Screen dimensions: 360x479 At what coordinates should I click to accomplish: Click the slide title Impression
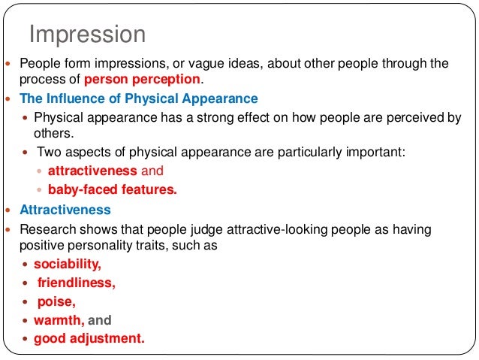pyautogui.click(x=86, y=35)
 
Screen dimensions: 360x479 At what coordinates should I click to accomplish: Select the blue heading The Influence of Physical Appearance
pyautogui.click(x=139, y=98)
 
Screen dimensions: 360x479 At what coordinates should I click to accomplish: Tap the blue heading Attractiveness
pyautogui.click(x=65, y=210)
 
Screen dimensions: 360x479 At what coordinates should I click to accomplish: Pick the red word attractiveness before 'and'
pyautogui.click(x=92, y=171)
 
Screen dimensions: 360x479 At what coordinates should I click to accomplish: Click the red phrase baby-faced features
pyautogui.click(x=113, y=189)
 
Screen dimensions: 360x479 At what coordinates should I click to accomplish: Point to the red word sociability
pyautogui.click(x=67, y=265)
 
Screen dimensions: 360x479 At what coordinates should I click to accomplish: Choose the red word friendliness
pyautogui.click(x=75, y=283)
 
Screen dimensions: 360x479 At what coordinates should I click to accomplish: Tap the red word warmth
pyautogui.click(x=58, y=320)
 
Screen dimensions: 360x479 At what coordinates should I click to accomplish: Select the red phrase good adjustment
pyautogui.click(x=89, y=338)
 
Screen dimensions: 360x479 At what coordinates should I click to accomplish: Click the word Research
pyautogui.click(x=47, y=229)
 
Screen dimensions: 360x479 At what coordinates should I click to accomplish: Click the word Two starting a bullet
pyautogui.click(x=48, y=152)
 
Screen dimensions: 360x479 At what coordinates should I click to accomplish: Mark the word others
pyautogui.click(x=51, y=133)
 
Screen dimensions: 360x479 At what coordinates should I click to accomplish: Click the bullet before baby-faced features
pyautogui.click(x=41, y=190)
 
